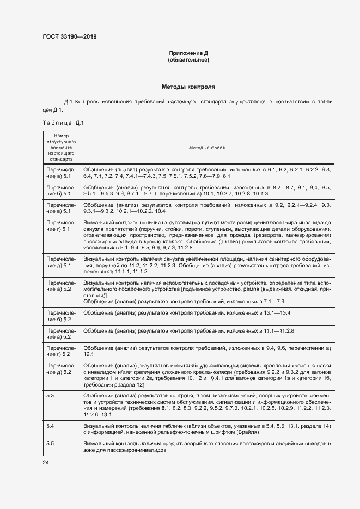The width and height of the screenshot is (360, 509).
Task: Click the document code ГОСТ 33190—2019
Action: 70,37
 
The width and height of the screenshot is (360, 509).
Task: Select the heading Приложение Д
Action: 188,53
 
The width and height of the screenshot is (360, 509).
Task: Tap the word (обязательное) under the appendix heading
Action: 188,60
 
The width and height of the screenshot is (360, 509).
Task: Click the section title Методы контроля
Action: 188,87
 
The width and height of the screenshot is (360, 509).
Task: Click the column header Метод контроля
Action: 207,148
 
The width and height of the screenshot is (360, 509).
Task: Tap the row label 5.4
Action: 50,425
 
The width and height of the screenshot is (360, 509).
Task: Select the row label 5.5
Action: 50,444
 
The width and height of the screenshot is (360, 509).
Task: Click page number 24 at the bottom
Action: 46,462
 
